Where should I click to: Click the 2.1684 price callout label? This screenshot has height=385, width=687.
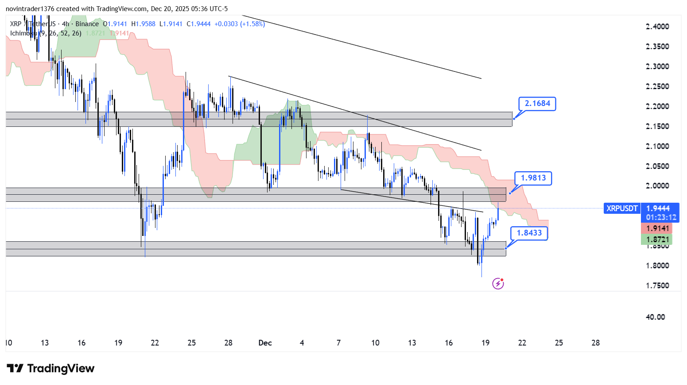[x=537, y=104]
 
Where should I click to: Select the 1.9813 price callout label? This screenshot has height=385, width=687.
[x=533, y=178]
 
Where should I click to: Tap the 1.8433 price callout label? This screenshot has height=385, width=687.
[x=529, y=233]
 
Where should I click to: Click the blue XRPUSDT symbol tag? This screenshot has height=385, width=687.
[x=622, y=208]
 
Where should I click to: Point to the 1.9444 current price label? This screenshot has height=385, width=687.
[x=658, y=208]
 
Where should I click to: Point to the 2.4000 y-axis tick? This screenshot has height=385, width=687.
[x=657, y=27]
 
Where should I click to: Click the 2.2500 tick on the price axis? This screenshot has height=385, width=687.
[x=657, y=86]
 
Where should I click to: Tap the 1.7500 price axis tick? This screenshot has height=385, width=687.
[x=657, y=286]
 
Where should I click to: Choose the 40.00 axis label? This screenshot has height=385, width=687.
[x=655, y=317]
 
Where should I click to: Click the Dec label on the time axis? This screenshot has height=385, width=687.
[x=265, y=343]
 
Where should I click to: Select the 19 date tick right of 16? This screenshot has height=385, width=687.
[x=485, y=343]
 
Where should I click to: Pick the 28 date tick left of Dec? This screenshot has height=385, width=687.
[x=229, y=343]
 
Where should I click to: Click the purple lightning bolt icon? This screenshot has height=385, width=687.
[x=498, y=283]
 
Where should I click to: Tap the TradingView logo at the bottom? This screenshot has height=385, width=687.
[x=50, y=369]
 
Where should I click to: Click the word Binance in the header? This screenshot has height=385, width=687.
[x=87, y=24]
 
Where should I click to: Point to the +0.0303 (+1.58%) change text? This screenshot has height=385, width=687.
[x=239, y=24]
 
